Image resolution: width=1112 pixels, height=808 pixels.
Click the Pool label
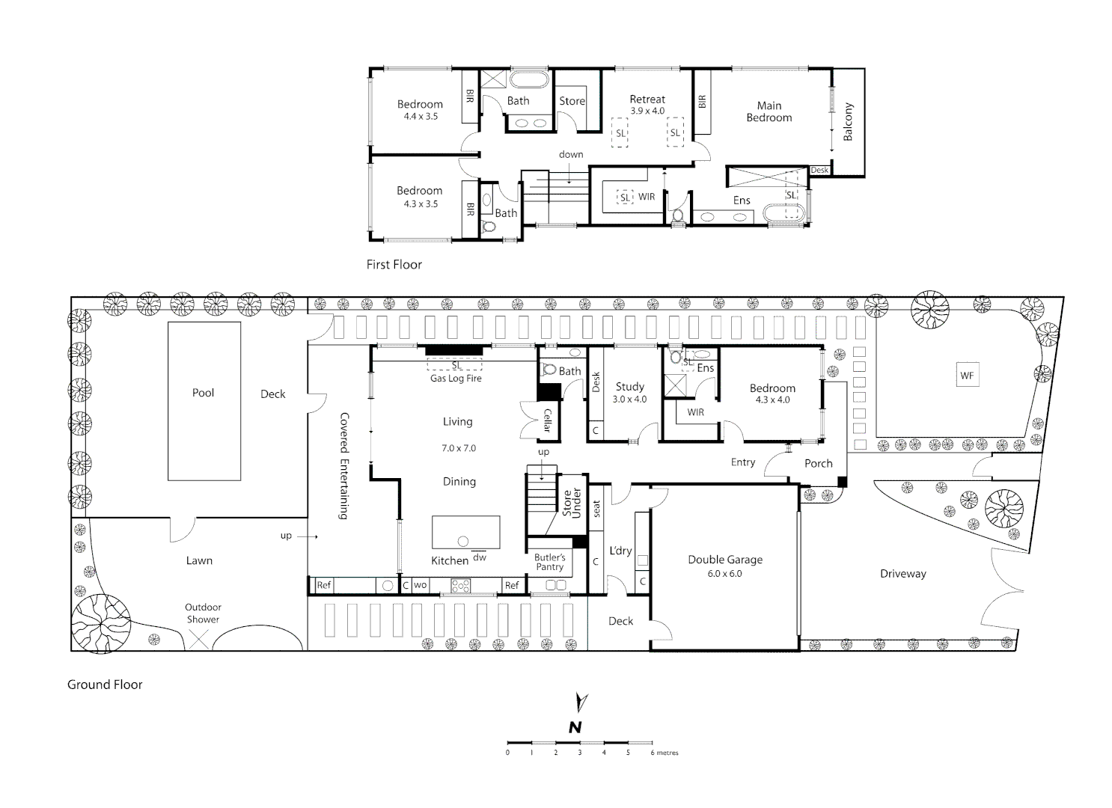[203, 393]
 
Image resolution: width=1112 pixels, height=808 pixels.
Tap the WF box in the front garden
[967, 376]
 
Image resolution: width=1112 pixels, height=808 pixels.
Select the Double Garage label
[725, 560]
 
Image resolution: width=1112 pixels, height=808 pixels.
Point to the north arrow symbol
[581, 702]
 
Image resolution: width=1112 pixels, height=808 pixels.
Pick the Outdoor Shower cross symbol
[198, 639]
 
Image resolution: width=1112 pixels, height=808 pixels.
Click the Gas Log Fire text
[456, 379]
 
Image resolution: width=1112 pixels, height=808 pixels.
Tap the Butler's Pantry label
[549, 562]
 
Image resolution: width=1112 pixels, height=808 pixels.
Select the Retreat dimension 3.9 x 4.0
[647, 111]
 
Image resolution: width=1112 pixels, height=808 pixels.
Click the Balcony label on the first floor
[848, 122]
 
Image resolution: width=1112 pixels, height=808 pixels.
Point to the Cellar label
[548, 420]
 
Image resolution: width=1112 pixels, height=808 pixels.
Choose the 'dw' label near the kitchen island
[480, 557]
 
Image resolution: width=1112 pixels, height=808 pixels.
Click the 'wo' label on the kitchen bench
[420, 584]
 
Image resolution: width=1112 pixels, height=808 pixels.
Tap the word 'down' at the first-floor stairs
[571, 154]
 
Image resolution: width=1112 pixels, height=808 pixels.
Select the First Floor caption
[394, 265]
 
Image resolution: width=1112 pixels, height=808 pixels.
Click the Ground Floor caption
[105, 685]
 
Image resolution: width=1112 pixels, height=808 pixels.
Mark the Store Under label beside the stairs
[572, 503]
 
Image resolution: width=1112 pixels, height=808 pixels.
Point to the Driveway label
[903, 574]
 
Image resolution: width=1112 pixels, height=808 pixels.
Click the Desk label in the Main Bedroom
[819, 170]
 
